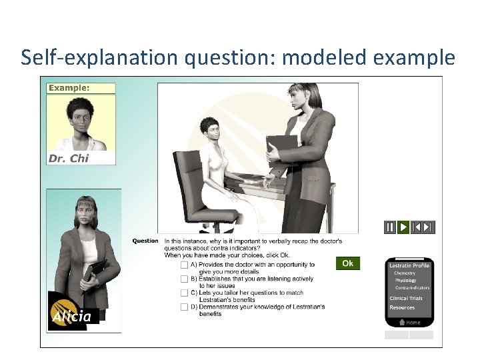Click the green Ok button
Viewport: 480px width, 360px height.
tap(347, 263)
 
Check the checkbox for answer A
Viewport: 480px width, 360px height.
tap(184, 265)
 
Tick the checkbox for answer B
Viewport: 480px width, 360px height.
tap(184, 279)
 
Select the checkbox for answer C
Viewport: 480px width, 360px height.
tap(184, 293)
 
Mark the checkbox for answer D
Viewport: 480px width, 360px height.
tap(184, 307)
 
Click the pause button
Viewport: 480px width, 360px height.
tap(390, 227)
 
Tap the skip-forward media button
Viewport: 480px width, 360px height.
tap(428, 227)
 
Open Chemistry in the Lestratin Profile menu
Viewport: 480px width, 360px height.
tap(405, 273)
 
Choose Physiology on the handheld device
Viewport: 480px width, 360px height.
tap(405, 281)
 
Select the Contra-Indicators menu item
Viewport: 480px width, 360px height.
tap(412, 288)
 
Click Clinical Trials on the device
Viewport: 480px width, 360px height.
tap(406, 299)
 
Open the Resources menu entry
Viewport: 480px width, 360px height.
tap(402, 307)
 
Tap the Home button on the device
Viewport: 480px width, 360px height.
tap(409, 323)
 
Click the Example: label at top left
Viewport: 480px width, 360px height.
tap(69, 88)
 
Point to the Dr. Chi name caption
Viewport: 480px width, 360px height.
tap(69, 159)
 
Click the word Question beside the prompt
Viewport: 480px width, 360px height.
tap(145, 241)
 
